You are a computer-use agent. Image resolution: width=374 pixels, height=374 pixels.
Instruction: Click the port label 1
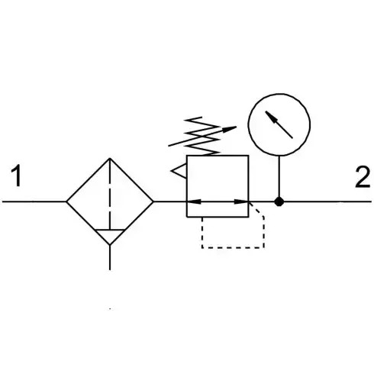point(16,176)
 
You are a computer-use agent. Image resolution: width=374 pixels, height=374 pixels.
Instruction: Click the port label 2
point(363,177)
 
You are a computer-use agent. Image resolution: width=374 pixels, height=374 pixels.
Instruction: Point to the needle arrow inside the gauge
point(279,124)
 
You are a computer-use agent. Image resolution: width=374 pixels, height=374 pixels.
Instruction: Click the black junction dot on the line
point(279,202)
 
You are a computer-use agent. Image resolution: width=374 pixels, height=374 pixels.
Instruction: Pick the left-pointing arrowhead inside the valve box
point(195,202)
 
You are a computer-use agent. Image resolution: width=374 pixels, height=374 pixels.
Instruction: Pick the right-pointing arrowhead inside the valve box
point(241,202)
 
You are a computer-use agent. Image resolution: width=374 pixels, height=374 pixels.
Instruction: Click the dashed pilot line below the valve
point(233,247)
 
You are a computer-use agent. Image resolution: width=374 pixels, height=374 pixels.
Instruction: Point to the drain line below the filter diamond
point(110,257)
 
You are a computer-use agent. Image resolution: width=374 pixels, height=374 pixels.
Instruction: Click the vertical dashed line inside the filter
point(110,194)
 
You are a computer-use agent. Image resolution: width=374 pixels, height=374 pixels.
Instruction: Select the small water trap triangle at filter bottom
point(110,237)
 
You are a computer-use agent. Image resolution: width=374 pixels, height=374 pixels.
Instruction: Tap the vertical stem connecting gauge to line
point(279,176)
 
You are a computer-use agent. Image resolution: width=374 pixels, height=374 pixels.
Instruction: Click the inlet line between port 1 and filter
point(34,202)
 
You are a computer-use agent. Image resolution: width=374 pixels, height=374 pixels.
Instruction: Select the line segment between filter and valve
point(170,202)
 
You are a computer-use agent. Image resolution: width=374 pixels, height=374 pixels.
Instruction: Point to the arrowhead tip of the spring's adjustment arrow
point(237,127)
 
